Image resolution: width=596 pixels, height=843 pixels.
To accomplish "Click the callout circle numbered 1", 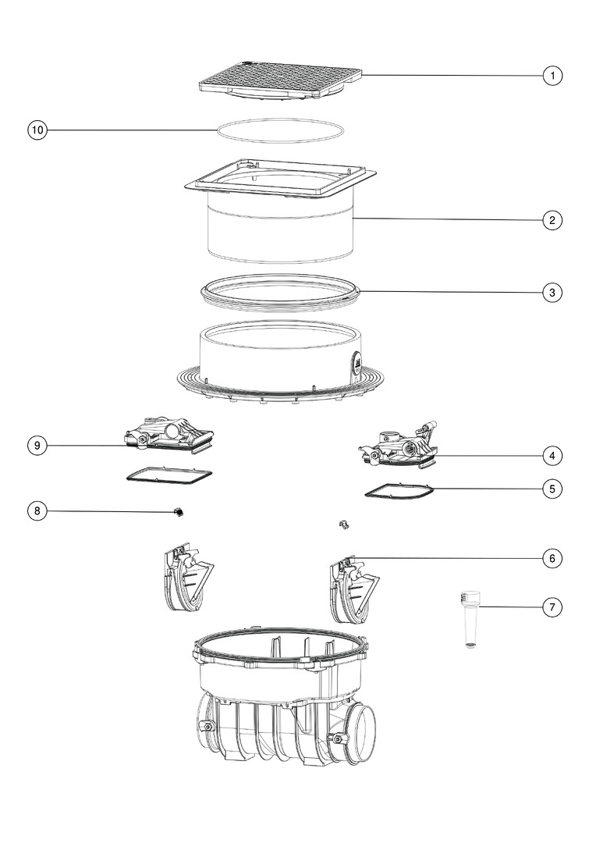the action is tap(552, 75).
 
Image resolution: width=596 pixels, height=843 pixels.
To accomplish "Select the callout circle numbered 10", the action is tap(37, 130).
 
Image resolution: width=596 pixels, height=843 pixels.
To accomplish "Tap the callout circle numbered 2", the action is tap(552, 220).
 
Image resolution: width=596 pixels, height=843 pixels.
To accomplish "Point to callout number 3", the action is tap(552, 293).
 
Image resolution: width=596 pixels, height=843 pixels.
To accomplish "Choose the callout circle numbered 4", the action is tap(552, 456).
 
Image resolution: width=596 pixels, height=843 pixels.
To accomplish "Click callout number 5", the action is tap(552, 489).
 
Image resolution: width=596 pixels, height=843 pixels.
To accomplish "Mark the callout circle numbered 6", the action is tap(552, 559).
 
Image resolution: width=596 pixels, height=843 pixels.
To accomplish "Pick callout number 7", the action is tap(552, 607).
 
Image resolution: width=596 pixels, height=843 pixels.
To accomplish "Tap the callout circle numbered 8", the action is tap(37, 510).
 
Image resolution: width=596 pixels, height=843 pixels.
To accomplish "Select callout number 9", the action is tap(37, 445).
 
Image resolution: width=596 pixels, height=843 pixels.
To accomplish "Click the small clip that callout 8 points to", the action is tap(179, 512).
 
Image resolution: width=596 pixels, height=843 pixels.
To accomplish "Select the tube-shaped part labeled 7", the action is tap(470, 619).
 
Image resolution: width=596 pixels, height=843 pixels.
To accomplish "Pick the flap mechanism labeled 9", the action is tap(170, 434).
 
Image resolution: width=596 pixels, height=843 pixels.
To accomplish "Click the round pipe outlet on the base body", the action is tap(360, 731).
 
